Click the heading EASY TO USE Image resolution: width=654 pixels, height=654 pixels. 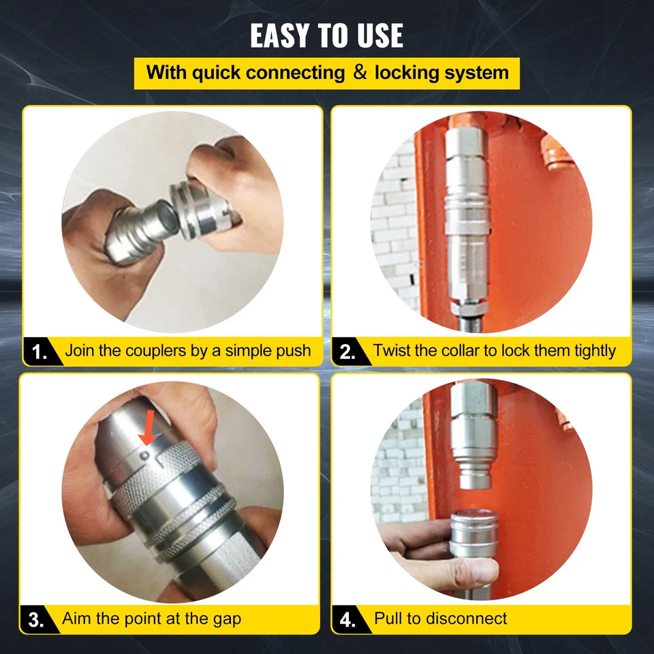coord(326,35)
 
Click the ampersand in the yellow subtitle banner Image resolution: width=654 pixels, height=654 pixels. coord(360,73)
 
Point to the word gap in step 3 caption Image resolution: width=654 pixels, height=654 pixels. coord(225,619)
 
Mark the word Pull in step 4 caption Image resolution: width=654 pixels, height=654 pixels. coord(389,619)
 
